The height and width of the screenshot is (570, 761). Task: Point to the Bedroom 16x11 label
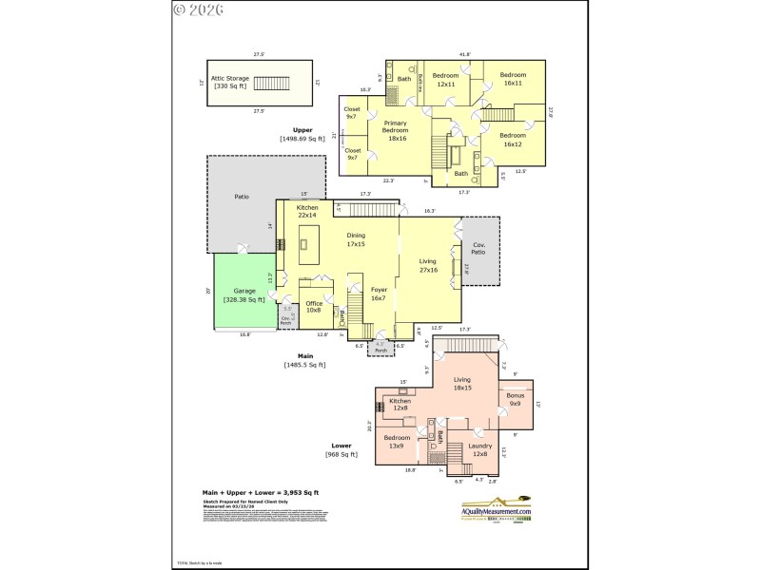(x=513, y=79)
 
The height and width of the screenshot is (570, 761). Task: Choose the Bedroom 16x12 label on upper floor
(x=513, y=140)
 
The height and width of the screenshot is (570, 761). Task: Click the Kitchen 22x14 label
(x=307, y=212)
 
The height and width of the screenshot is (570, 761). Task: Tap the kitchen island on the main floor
(x=307, y=251)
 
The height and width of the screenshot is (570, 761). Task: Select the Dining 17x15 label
(x=356, y=239)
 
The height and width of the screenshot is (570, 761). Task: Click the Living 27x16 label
(x=429, y=265)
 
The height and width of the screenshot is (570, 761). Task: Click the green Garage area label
(x=244, y=295)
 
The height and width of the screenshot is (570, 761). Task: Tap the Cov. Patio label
(x=478, y=251)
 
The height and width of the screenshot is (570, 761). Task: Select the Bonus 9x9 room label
(x=516, y=399)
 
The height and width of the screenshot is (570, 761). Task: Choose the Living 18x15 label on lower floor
(x=462, y=383)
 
